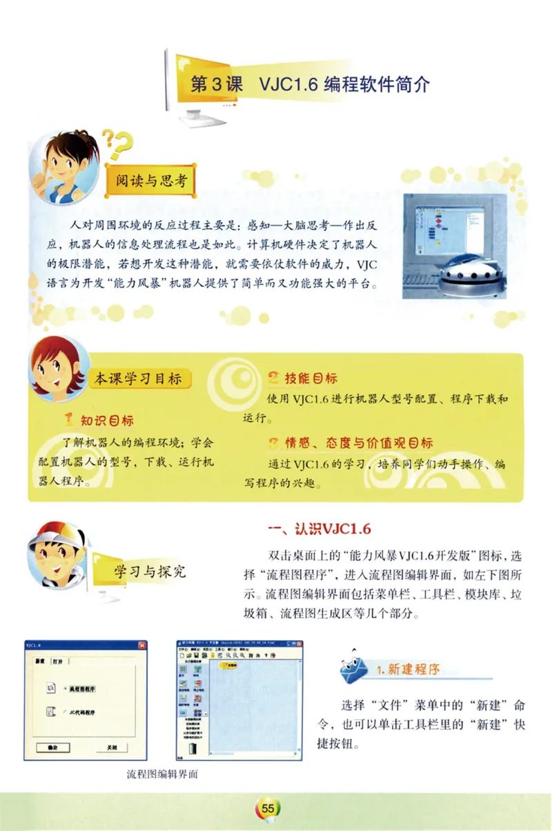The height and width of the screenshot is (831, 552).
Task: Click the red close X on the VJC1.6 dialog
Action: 142,645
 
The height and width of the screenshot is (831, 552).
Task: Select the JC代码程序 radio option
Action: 64,712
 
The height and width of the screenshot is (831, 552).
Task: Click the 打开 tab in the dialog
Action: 58,661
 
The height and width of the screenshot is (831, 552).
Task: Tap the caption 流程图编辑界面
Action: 163,774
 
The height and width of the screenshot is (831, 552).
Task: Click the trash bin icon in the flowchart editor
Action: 193,748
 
